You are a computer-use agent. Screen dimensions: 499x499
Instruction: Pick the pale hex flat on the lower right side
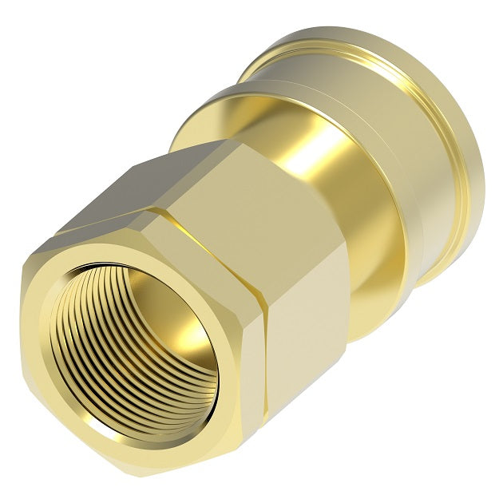(307, 335)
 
